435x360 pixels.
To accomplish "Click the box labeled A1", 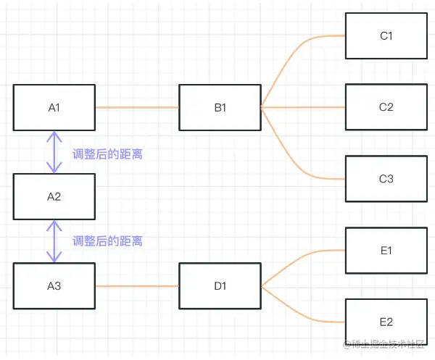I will (54, 107).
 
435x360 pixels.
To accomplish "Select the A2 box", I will (54, 196).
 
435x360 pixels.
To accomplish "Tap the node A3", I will (54, 286).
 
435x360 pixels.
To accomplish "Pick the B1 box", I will (220, 107).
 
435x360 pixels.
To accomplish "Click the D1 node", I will (220, 286).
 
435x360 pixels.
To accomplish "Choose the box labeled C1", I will (386, 35).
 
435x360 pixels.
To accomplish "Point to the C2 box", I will (386, 107).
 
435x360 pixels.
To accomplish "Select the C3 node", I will (386, 178).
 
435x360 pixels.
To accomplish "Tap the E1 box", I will (386, 251).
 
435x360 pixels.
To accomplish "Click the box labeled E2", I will (386, 322).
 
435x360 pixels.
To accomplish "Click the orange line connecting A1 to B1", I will (136, 107).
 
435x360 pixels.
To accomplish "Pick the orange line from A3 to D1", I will (136, 286).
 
